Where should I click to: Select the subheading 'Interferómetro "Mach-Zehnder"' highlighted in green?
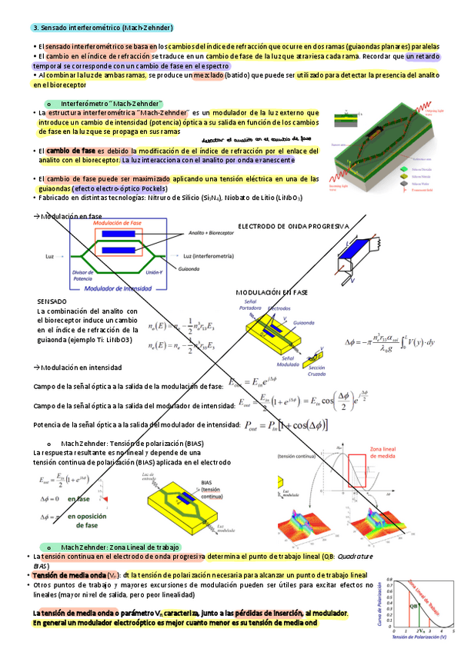pos(111,103)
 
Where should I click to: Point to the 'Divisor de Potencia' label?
pos(83,276)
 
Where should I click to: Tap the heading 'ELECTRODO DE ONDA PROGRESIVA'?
pos(292,226)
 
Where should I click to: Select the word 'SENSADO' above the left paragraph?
pos(52,301)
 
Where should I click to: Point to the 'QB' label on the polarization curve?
pos(413,605)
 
